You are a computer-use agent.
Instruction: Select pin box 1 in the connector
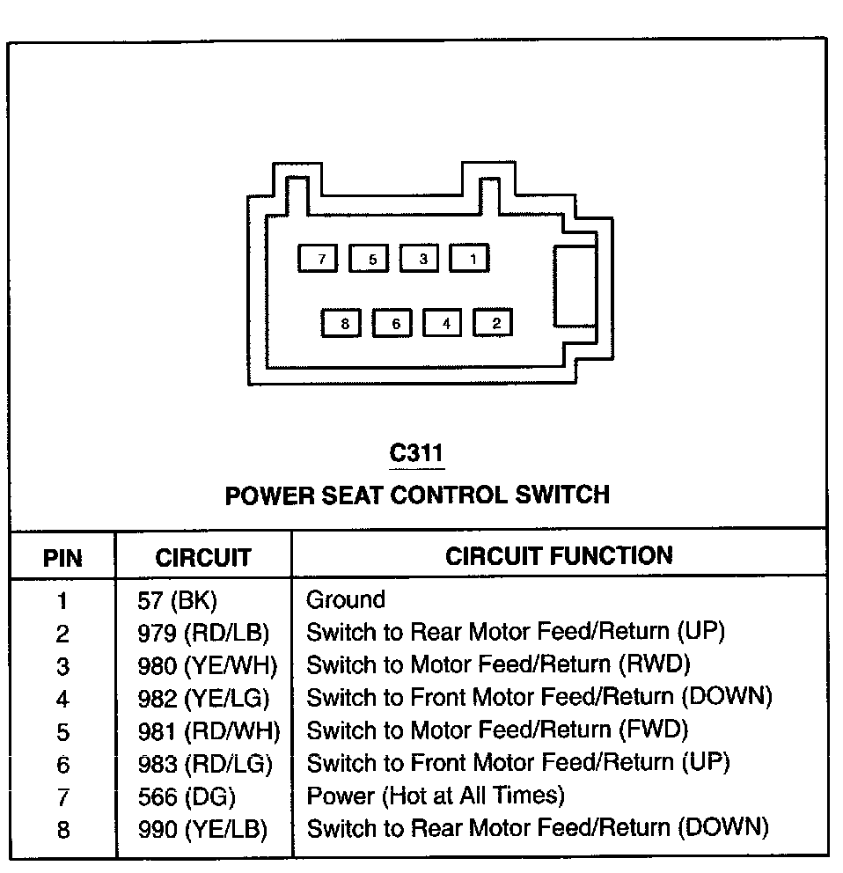[470, 259]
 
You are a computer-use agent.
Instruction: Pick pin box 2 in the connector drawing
[494, 323]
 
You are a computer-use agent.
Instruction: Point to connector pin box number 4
[443, 323]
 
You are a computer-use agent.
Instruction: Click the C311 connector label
[417, 453]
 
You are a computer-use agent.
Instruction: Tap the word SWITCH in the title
[562, 494]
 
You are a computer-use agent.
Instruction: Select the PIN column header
[62, 558]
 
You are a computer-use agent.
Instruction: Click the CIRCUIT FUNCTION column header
[559, 555]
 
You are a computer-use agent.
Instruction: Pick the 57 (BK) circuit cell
[177, 601]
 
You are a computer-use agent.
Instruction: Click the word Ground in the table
[346, 600]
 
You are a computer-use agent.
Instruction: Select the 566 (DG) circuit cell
[187, 796]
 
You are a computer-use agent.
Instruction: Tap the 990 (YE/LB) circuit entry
[202, 829]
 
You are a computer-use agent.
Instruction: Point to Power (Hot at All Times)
[435, 796]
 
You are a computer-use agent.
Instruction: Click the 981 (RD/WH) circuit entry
[208, 730]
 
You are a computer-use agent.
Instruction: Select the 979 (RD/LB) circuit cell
[203, 633]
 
